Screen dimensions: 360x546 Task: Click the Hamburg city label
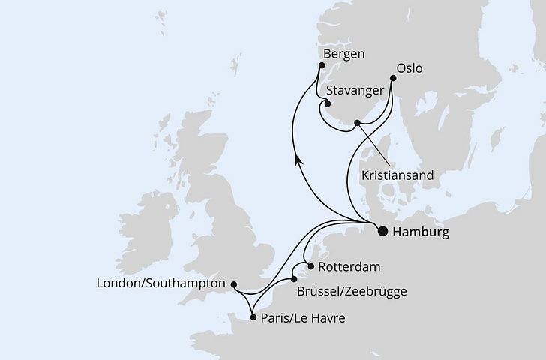point(421,232)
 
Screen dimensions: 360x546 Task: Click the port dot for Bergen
point(319,66)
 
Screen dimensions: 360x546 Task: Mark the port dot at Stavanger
point(328,104)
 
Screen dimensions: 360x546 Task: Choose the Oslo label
point(409,68)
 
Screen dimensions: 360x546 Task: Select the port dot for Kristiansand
point(358,122)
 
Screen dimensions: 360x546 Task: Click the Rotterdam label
point(349,266)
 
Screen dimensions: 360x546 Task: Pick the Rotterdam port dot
point(310,266)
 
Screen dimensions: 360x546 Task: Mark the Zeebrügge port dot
point(294,280)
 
